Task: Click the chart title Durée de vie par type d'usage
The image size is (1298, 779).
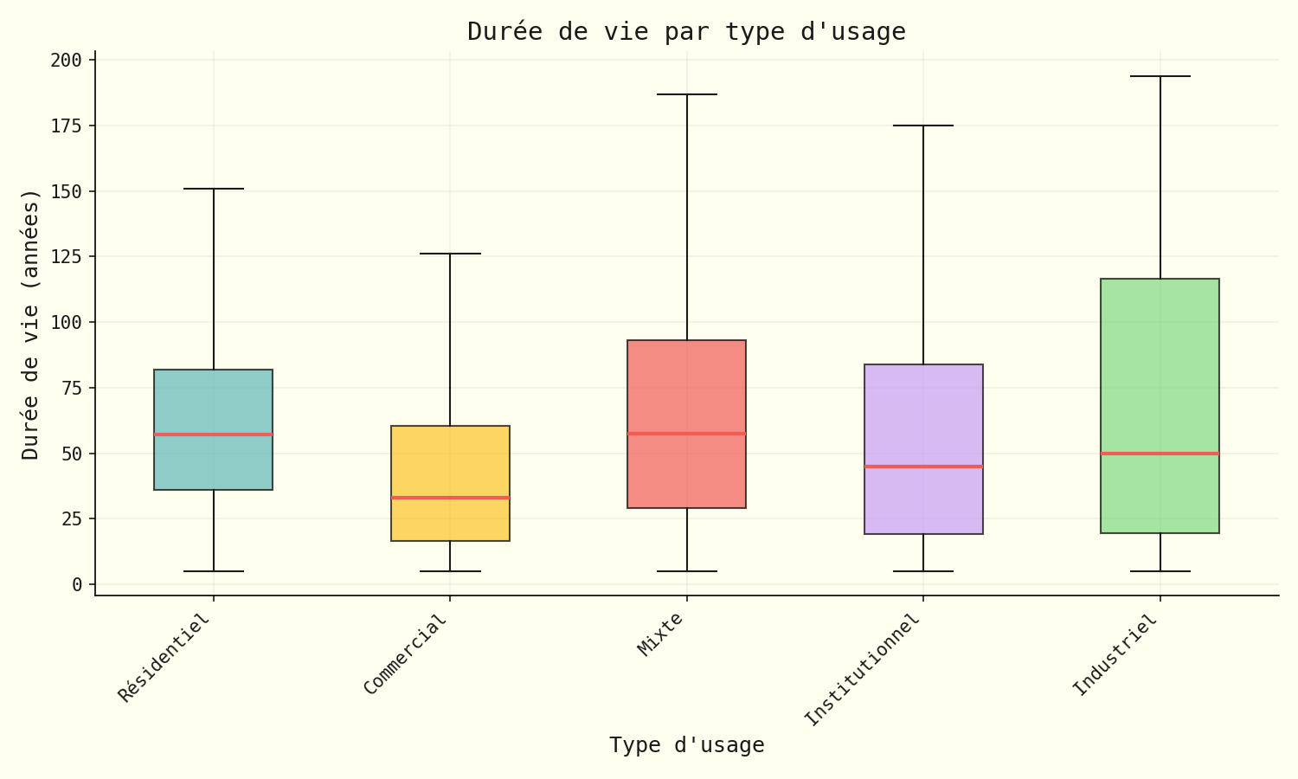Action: (686, 32)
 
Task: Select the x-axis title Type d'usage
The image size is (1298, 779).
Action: (686, 745)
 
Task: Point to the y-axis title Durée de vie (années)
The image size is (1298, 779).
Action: (31, 324)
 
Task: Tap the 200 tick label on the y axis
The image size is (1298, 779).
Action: (67, 61)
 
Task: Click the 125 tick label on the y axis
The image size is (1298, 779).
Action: (67, 257)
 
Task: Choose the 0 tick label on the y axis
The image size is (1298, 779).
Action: (77, 585)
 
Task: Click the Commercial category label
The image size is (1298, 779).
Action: (406, 654)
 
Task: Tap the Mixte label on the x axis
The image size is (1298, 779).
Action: (660, 634)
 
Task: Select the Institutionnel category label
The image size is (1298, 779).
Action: (862, 670)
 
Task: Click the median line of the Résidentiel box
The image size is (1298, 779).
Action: (214, 435)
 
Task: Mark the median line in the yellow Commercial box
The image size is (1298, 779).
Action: (450, 498)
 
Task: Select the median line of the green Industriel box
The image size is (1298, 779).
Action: (1160, 454)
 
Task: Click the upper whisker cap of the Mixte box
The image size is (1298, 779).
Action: (686, 94)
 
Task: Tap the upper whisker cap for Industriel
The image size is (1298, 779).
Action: (1160, 76)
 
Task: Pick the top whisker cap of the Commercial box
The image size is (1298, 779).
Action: (450, 254)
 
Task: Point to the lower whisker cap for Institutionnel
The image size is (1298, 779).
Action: (923, 571)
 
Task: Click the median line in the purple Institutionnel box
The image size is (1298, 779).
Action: (923, 467)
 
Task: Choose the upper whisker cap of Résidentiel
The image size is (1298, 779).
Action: (214, 189)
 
